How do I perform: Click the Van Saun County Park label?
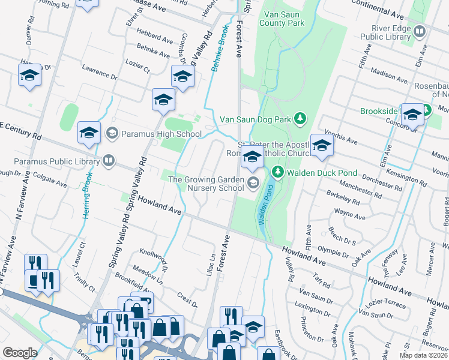pyautogui.click(x=282, y=19)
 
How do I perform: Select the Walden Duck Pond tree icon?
pyautogui.click(x=277, y=173)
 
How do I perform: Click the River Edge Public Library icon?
pyautogui.click(x=420, y=31)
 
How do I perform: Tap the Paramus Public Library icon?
pyautogui.click(x=108, y=160)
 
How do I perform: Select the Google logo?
pyautogui.click(x=20, y=352)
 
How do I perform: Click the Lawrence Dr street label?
pyautogui.click(x=99, y=73)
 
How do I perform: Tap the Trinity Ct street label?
pyautogui.click(x=85, y=280)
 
